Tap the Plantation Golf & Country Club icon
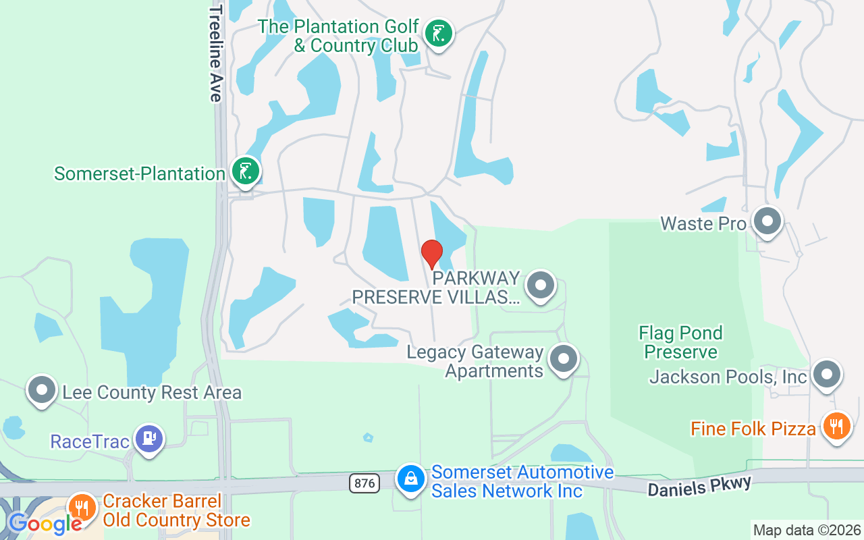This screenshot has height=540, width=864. point(439,33)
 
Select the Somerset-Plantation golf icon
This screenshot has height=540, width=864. point(246,171)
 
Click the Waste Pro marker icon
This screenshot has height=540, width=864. point(767,221)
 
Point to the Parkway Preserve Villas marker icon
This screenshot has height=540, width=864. point(540,286)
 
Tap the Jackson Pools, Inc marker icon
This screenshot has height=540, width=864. point(826,374)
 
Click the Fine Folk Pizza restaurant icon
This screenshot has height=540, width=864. point(837,427)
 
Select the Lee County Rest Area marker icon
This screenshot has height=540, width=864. point(42,390)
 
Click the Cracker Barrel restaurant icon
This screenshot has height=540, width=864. point(82,507)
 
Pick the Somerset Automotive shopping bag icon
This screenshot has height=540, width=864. point(410,479)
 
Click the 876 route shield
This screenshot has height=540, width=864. point(364,483)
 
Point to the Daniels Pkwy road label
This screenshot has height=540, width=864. point(699,486)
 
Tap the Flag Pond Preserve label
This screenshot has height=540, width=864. point(680,342)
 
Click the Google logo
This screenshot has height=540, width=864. point(45,523)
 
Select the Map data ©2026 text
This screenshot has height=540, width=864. point(807,531)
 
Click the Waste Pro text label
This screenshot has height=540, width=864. point(703,223)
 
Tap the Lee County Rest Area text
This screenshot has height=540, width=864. point(152,392)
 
